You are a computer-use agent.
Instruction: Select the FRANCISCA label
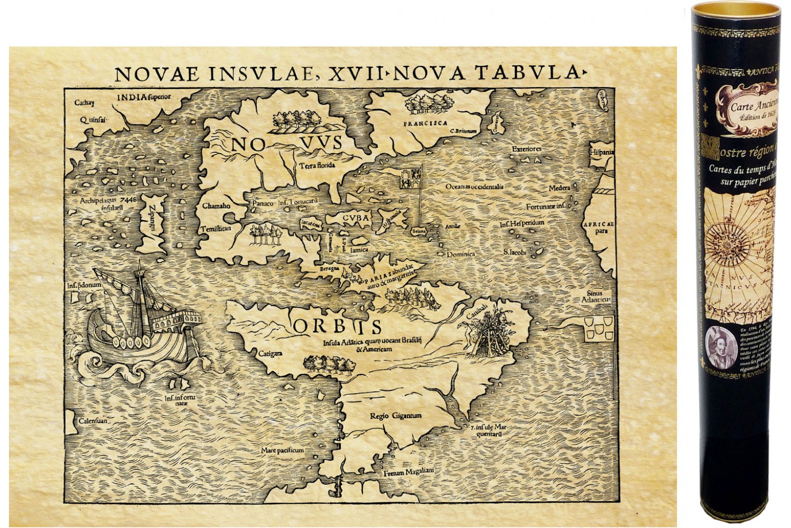click(x=422, y=125)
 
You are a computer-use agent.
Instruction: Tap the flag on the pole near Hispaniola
click(x=412, y=180)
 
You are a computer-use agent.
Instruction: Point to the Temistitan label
click(x=216, y=229)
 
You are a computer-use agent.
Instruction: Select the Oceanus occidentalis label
click(x=476, y=186)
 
